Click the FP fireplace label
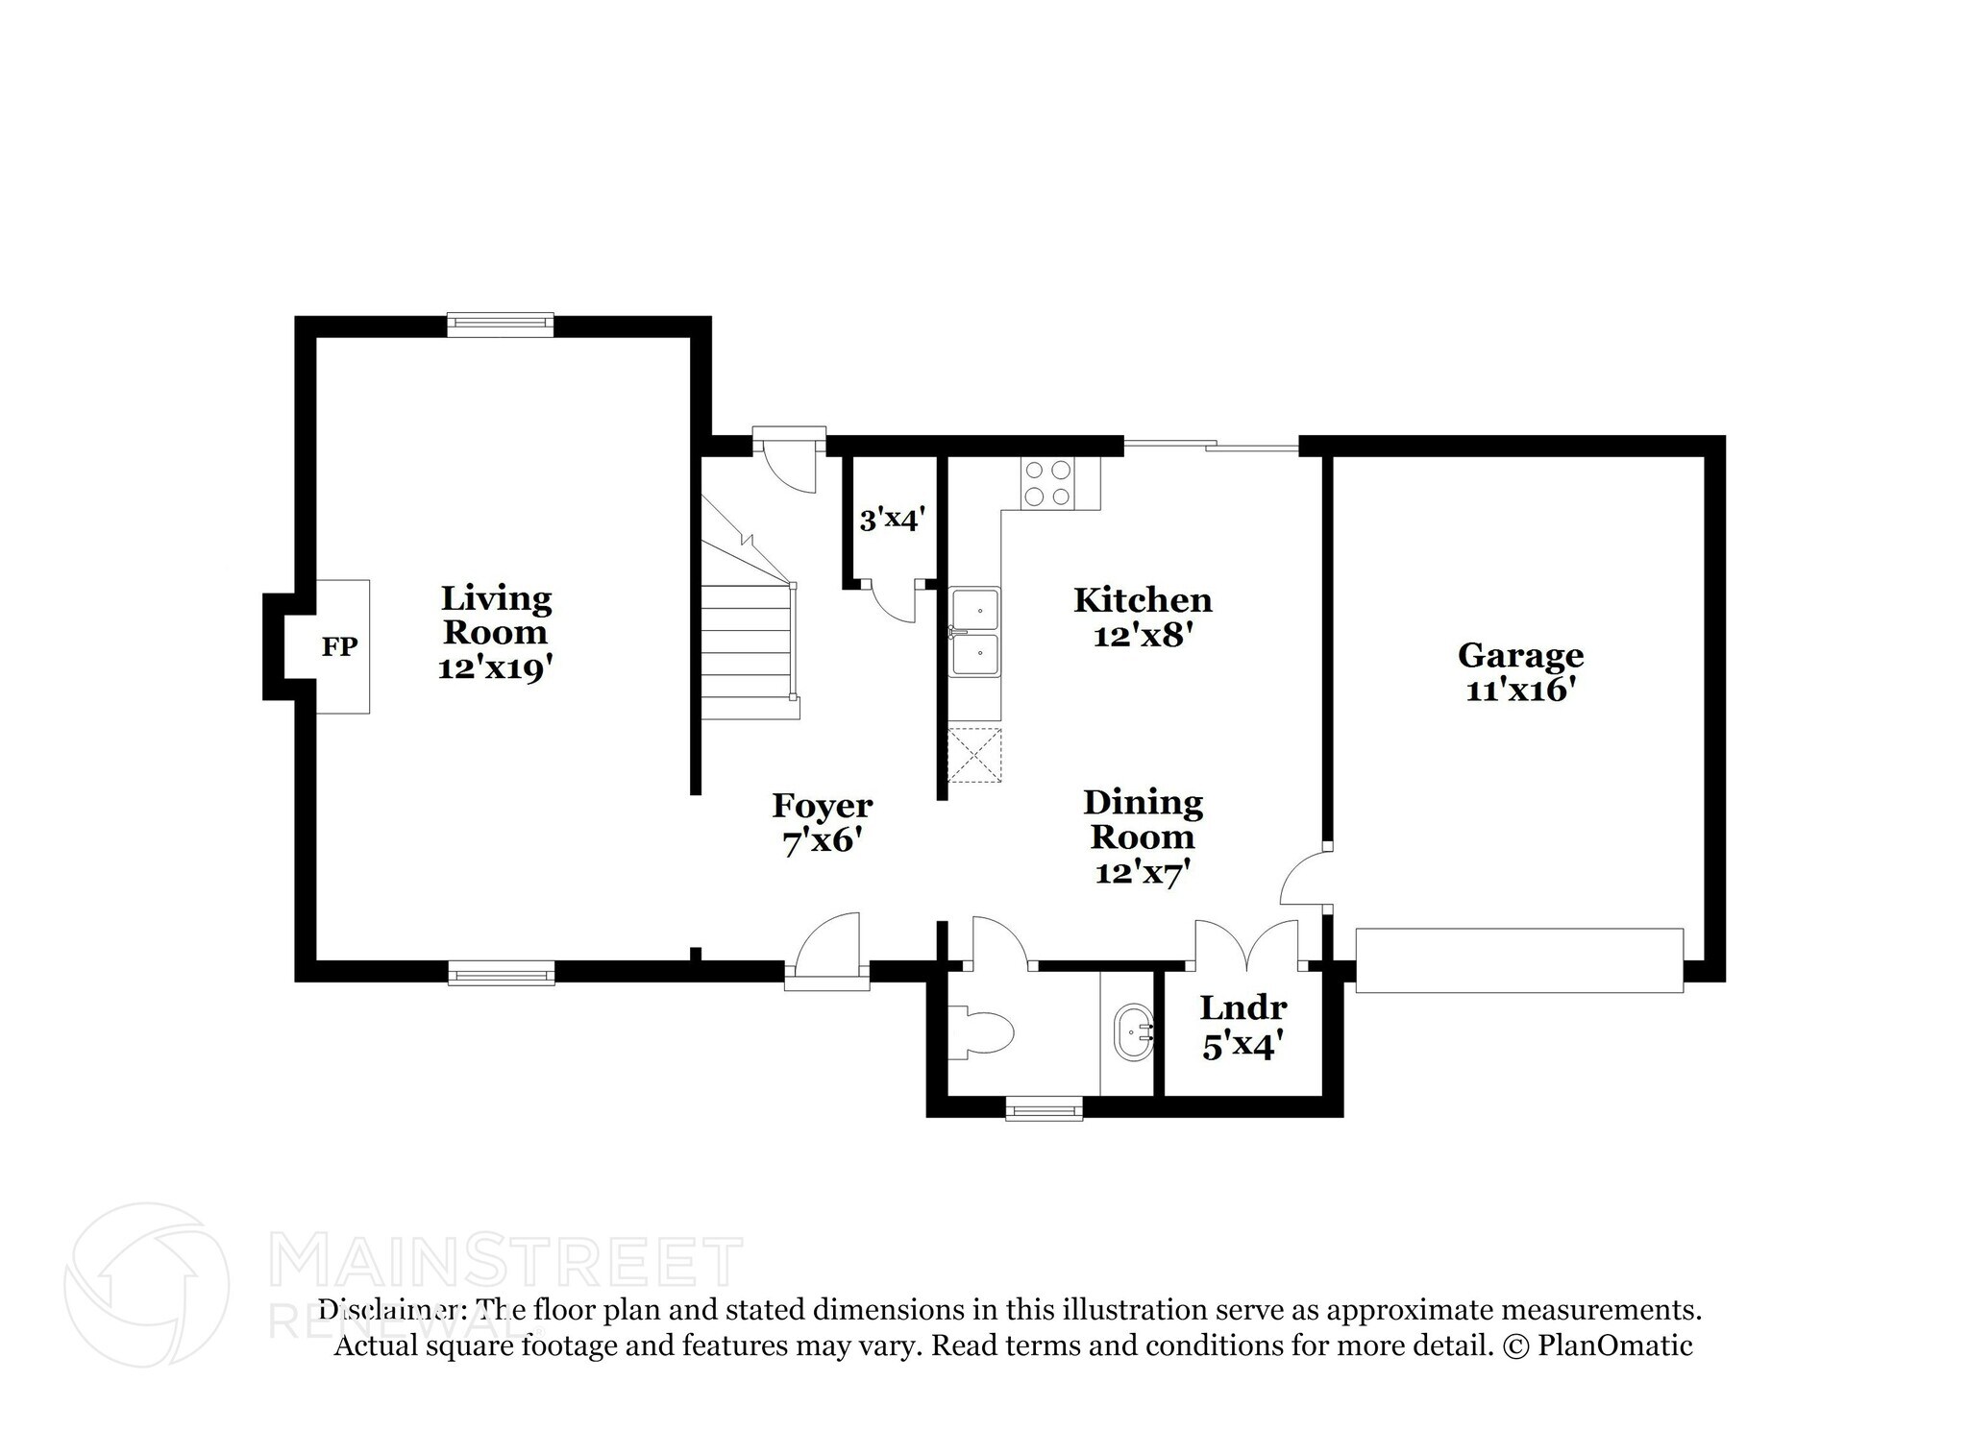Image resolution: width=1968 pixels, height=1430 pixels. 339,647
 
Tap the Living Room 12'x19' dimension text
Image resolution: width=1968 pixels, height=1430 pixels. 496,667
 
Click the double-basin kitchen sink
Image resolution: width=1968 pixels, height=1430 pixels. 975,633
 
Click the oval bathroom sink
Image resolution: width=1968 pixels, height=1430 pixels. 1134,1034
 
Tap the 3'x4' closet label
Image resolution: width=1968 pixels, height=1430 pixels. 892,520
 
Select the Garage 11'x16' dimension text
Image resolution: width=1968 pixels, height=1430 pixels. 1520,691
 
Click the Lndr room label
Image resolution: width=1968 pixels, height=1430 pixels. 1242,1008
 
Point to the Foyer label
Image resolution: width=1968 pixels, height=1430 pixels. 823,806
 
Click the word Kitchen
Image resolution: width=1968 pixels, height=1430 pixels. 1143,600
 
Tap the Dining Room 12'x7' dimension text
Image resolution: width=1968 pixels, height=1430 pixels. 1143,872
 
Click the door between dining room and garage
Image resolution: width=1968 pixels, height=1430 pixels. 1305,876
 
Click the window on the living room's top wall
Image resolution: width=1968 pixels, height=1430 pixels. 501,324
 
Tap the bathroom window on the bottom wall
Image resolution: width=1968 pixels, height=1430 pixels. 1044,1110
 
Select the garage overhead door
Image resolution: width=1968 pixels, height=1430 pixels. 1519,959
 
